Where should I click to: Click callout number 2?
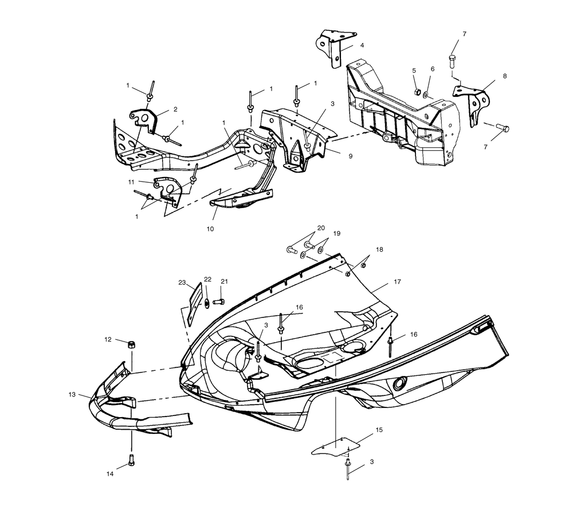(x=175, y=108)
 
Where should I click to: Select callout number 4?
(x=362, y=45)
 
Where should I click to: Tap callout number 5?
(x=414, y=70)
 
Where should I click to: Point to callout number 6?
(x=433, y=69)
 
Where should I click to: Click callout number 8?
(x=505, y=76)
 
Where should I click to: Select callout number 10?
(x=210, y=228)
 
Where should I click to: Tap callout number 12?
(x=108, y=339)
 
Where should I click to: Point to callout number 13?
(x=72, y=394)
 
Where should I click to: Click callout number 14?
(x=110, y=474)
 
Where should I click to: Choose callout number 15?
(x=379, y=429)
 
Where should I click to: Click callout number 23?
(x=182, y=283)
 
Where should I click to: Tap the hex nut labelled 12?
(x=131, y=344)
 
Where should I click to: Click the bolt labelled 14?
(x=131, y=459)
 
